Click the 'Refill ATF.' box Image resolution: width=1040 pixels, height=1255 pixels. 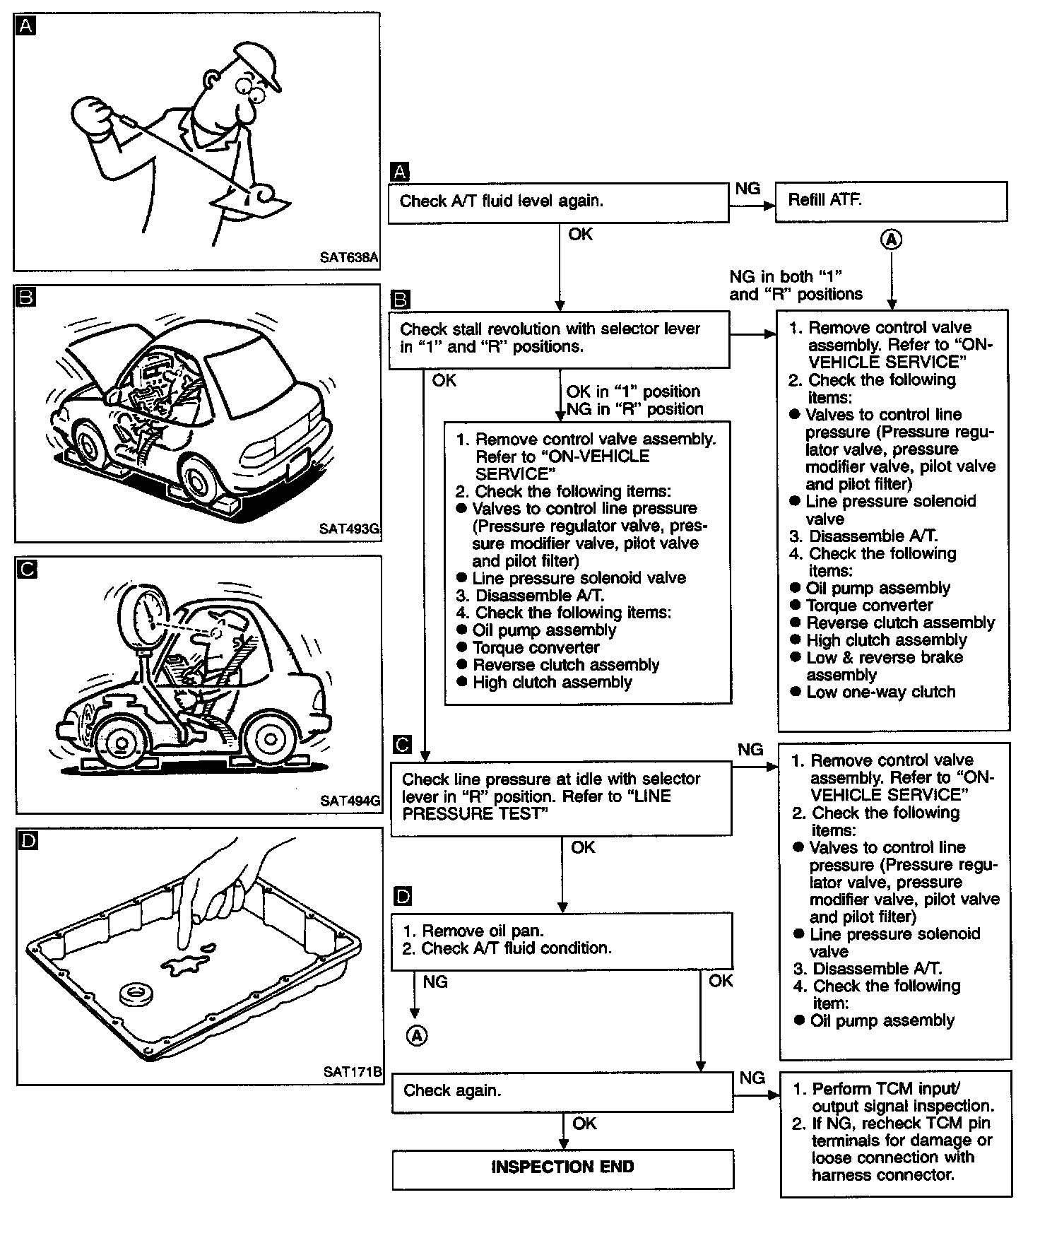coord(890,201)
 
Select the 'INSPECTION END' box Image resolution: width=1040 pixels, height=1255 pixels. coord(562,1167)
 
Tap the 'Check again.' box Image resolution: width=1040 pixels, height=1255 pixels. coord(562,1091)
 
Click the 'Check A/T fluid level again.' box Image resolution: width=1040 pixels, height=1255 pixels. coord(558,202)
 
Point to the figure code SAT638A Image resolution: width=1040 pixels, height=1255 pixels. coord(348,257)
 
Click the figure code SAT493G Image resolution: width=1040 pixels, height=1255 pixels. coord(349,529)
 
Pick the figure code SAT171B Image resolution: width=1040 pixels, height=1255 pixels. coord(352,1071)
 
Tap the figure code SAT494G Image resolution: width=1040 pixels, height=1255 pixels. coord(350,801)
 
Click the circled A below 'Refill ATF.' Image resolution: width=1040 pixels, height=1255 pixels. coord(892,240)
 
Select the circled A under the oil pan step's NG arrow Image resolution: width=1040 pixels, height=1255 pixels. coord(417,1036)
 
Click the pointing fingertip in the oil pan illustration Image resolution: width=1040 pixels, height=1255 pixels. coord(185,944)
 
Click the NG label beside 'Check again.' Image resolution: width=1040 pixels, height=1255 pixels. coord(752,1078)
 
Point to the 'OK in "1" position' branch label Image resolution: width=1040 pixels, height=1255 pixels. coord(632,391)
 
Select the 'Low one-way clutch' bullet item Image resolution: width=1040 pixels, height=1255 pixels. coord(880,692)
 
